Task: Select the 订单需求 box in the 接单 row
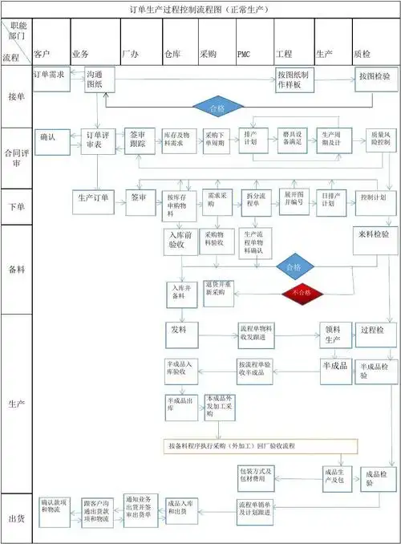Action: point(48,75)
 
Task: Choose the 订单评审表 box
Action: point(98,140)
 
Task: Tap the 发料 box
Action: point(178,331)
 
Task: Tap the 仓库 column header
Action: point(172,54)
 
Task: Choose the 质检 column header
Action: point(363,54)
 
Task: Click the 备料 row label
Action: point(14,269)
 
